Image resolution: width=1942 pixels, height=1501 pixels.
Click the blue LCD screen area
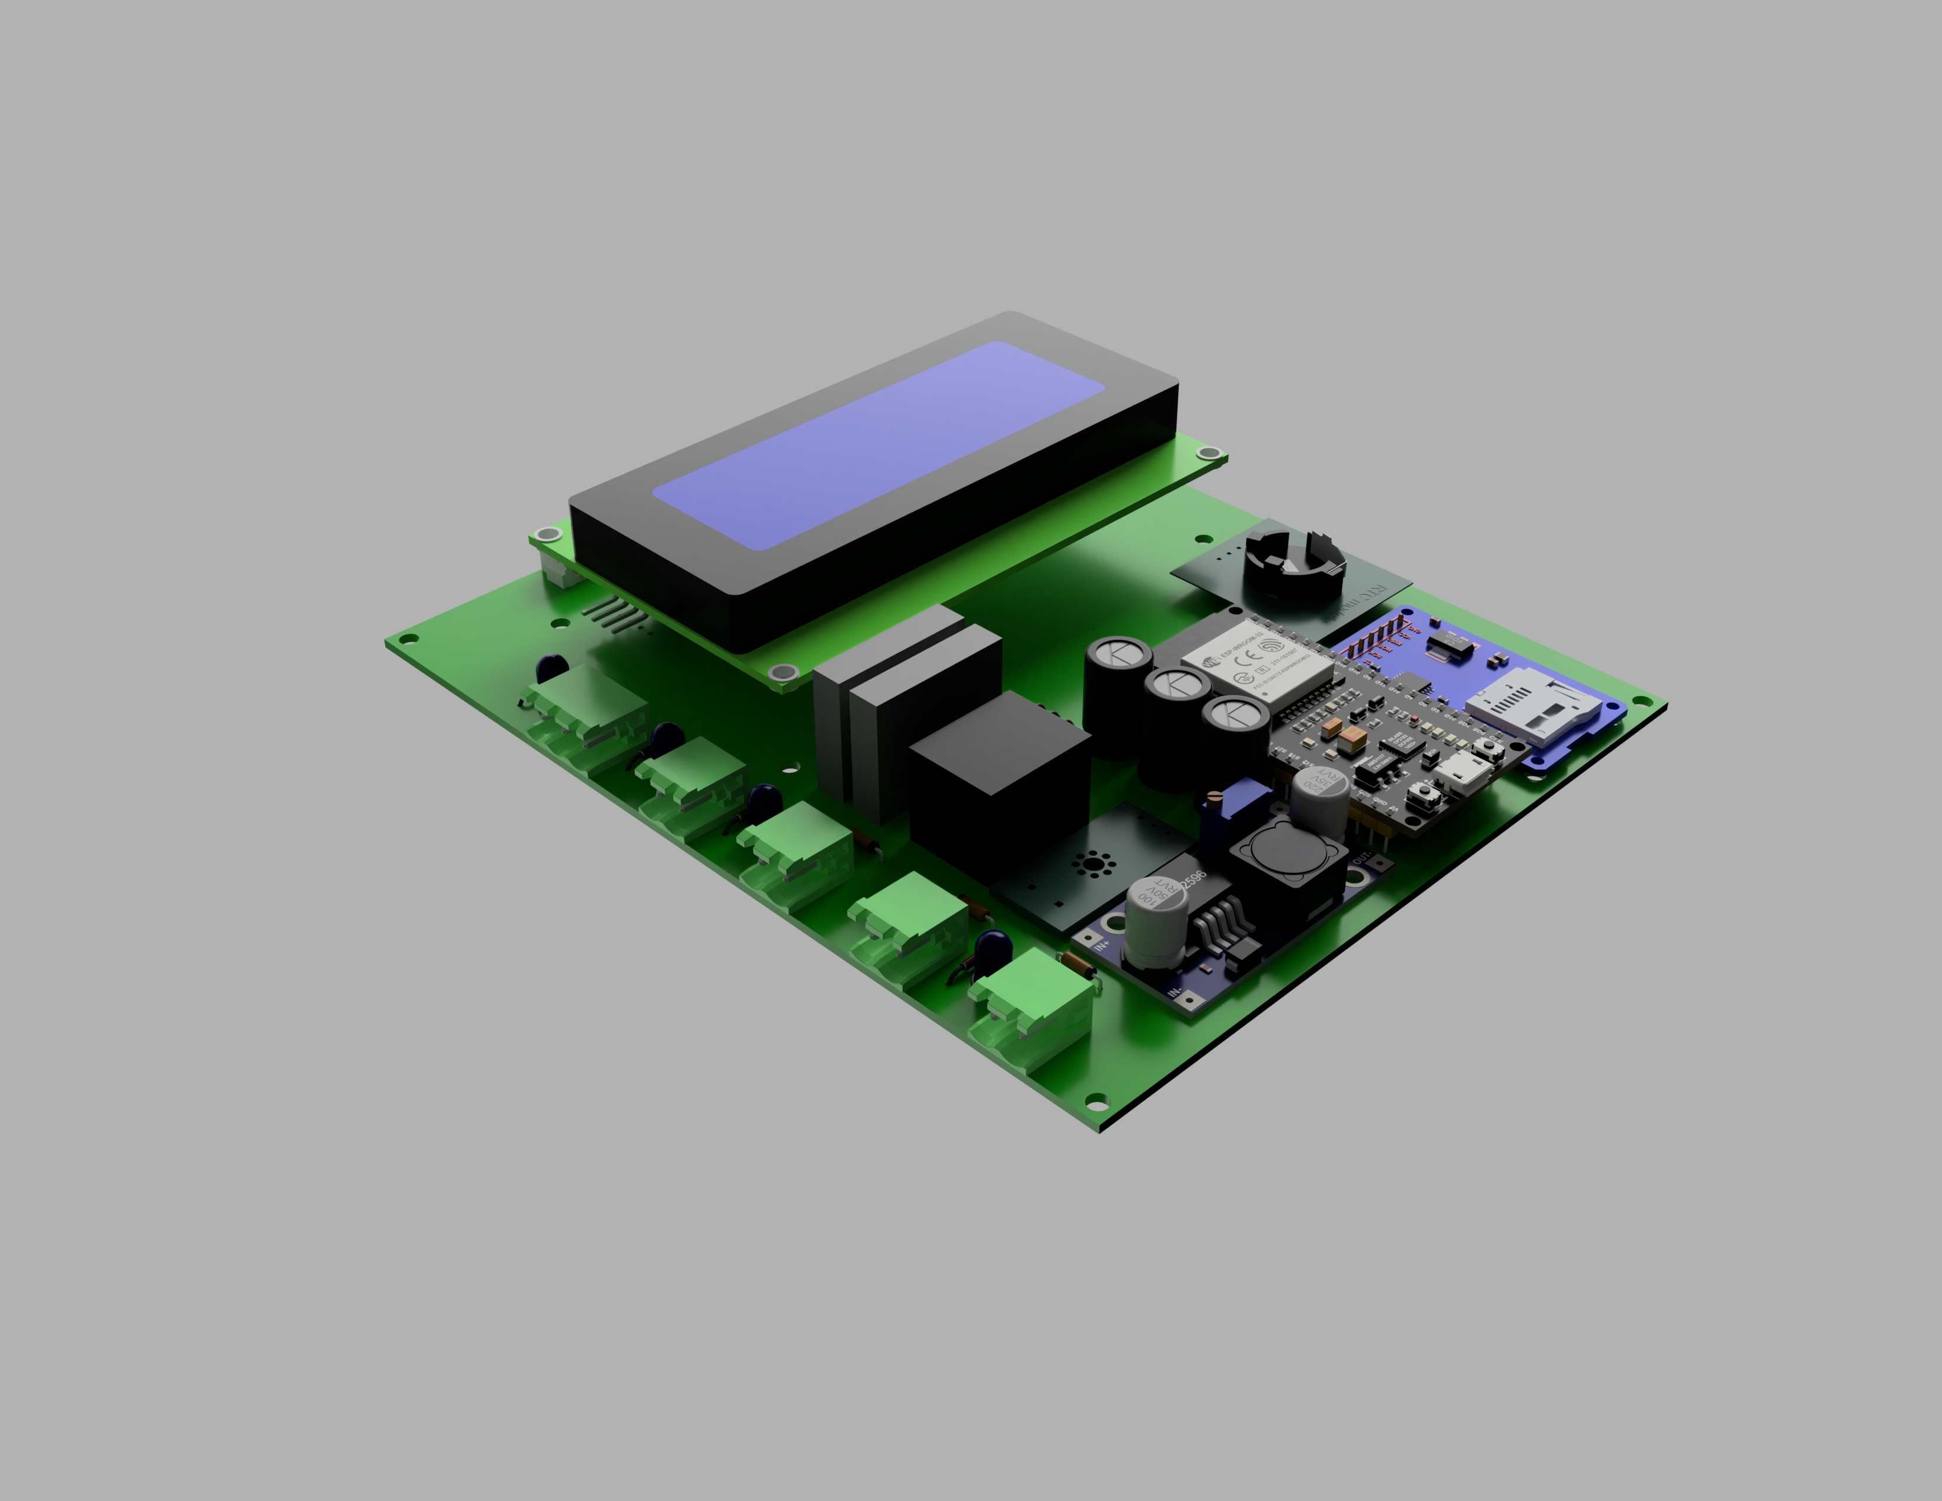pyautogui.click(x=879, y=444)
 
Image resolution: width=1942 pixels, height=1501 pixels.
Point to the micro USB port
pyautogui.click(x=1462, y=773)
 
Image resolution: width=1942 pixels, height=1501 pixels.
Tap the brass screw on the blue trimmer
pyautogui.click(x=1215, y=797)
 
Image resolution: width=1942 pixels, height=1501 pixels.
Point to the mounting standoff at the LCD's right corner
pyautogui.click(x=1208, y=453)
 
